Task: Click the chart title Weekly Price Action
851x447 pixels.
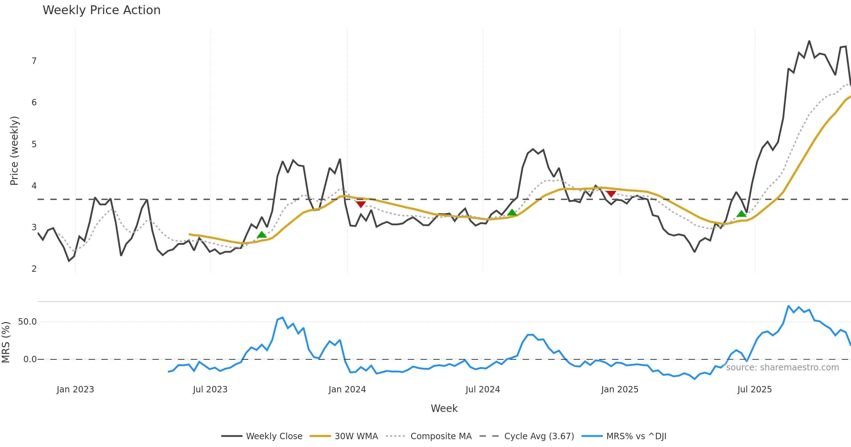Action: [x=101, y=10]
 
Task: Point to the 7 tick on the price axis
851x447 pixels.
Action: [x=34, y=61]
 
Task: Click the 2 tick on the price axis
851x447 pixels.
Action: [x=34, y=269]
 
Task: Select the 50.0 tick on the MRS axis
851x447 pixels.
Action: [x=27, y=322]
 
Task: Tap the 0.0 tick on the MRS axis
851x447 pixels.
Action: [x=30, y=359]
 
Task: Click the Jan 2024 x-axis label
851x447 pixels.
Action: [x=347, y=390]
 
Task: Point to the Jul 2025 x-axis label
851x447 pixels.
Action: [x=755, y=390]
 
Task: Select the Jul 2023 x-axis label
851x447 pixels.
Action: [x=210, y=390]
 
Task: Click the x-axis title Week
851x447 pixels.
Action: [x=444, y=408]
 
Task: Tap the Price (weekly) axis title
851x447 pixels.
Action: [x=14, y=151]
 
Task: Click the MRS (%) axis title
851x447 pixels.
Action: [x=6, y=342]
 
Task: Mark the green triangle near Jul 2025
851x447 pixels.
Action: [x=741, y=214]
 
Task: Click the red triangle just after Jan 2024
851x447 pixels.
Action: [x=361, y=204]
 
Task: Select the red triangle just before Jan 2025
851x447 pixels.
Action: [x=611, y=194]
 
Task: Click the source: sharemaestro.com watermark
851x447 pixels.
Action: [x=782, y=368]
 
